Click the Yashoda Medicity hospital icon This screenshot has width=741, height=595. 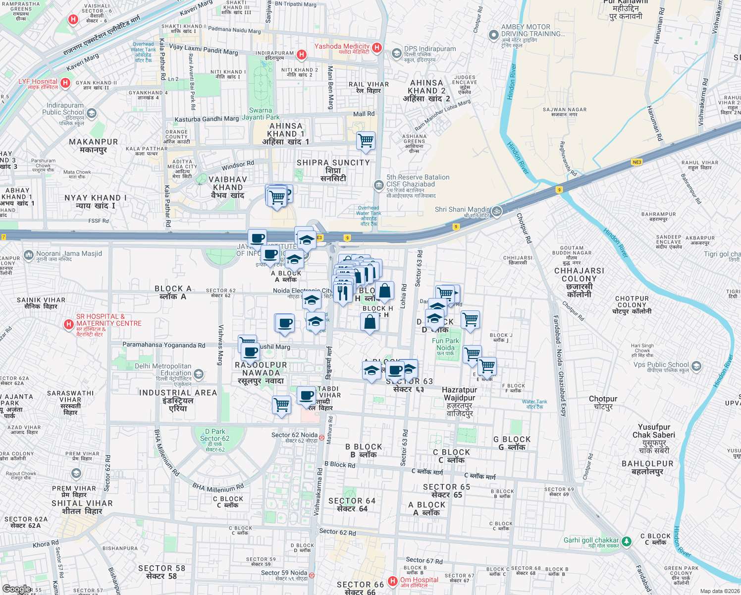tap(377, 48)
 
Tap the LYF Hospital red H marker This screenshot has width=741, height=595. tap(65, 83)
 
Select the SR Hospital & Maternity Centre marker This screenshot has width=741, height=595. tap(69, 325)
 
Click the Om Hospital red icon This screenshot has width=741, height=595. tap(393, 581)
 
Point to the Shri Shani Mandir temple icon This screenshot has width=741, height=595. tap(497, 212)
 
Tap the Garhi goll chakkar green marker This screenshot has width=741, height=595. tap(627, 541)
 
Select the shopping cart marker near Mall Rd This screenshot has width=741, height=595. tap(366, 140)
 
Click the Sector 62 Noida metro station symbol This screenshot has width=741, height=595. tap(321, 437)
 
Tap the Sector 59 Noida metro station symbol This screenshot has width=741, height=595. tap(312, 575)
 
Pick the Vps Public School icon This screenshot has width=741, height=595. tap(696, 366)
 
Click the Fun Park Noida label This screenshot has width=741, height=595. tap(445, 344)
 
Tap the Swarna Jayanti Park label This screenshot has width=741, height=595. tap(261, 114)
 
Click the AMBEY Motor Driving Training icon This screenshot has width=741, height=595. tap(493, 35)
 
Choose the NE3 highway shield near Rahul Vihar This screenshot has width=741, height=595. tap(636, 162)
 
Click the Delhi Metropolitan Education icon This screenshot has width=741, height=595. tap(199, 374)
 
